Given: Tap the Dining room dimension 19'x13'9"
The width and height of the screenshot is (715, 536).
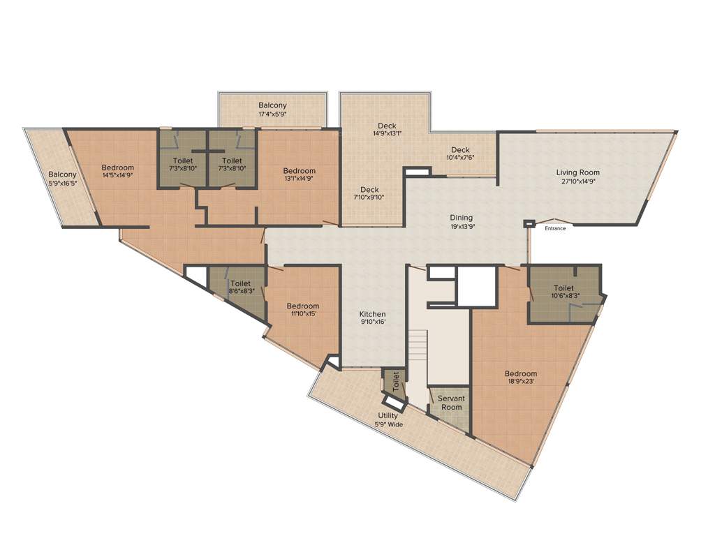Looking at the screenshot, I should click(x=462, y=226).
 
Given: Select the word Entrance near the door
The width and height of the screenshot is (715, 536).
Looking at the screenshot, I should click(x=555, y=228).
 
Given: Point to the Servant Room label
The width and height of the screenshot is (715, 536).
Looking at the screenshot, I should click(x=450, y=403).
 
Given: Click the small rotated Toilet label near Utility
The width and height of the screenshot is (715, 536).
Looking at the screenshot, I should click(x=396, y=382).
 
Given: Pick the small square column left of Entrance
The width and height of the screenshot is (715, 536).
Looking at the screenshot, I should click(x=528, y=224).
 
